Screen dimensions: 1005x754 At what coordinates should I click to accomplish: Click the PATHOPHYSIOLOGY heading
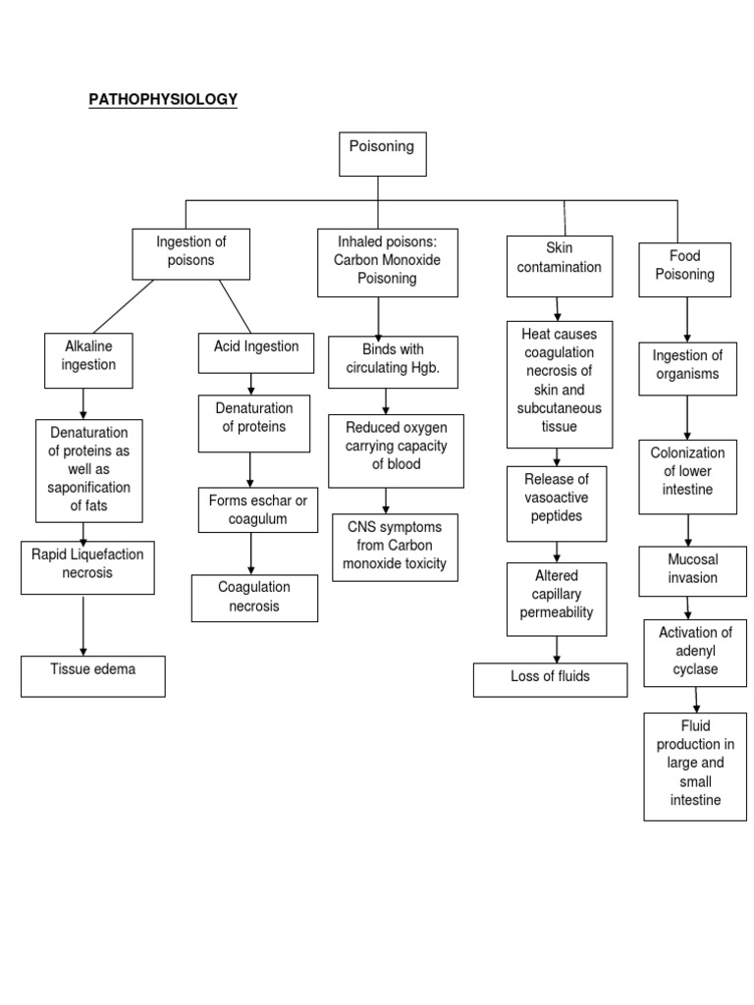pos(163,99)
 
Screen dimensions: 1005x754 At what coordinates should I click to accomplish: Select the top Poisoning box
pos(382,154)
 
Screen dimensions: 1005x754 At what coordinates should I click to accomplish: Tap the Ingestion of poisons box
pos(191,253)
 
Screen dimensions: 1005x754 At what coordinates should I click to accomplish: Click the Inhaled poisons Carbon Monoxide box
pos(388,262)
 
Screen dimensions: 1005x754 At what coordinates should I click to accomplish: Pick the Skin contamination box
pos(559,265)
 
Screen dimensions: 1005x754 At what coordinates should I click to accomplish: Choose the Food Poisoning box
pos(684,269)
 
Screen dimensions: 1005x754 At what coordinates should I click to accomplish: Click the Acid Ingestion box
pos(256,352)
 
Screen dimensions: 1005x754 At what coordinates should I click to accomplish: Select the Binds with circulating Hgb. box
pos(393,360)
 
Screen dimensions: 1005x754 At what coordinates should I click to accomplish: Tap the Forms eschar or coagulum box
pos(257,510)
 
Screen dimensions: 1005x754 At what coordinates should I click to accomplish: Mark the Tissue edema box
pos(93,675)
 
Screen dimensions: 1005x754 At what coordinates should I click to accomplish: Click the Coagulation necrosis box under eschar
pos(254,598)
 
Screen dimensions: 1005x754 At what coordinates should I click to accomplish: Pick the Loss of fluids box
pos(550,679)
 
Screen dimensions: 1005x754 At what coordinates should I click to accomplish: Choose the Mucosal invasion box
pos(692,570)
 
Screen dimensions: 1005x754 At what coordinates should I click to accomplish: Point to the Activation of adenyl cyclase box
pos(695,652)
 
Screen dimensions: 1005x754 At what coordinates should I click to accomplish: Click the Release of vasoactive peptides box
pos(557,502)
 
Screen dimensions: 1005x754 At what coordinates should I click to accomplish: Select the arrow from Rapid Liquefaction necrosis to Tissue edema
pos(83,625)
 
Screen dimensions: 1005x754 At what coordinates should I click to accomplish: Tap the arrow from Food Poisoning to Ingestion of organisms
pos(687,319)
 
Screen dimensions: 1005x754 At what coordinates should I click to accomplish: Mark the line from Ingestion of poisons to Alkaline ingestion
pos(123,306)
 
